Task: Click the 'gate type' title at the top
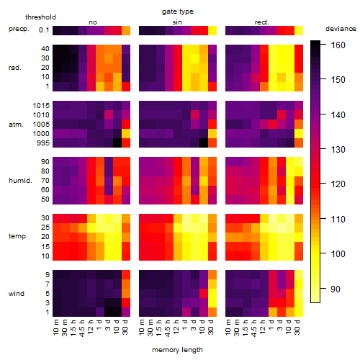coord(178,12)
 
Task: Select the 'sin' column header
coord(177,22)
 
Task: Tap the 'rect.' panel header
coord(261,22)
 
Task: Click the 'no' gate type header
coord(93,22)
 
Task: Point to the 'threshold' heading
coord(40,17)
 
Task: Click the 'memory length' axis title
coord(177,350)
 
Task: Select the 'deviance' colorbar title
coord(341,29)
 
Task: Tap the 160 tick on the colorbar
coord(338,45)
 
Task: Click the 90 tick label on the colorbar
coord(336,289)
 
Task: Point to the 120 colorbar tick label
coord(338,184)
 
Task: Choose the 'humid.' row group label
coord(20,181)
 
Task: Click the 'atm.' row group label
coord(16,125)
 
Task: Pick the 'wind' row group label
coord(17,294)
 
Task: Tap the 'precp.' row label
coord(19,29)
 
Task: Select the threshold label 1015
coord(41,106)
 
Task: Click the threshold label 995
coord(43,143)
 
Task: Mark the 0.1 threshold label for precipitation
coord(44,30)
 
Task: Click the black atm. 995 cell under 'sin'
coord(204,143)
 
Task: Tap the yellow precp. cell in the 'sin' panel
coord(212,30)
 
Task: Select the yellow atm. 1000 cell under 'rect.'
coord(299,133)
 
